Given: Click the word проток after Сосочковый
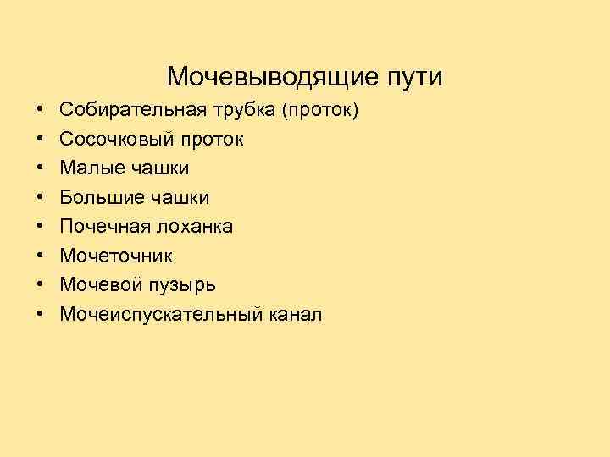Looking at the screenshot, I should [x=212, y=140].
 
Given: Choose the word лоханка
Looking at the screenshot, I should [x=194, y=227].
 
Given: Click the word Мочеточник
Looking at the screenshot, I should [x=116, y=256].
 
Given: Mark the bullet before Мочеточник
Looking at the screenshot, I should [x=40, y=256].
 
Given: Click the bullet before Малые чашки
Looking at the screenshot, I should [x=40, y=168].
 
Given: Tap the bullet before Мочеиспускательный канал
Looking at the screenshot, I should [x=40, y=315].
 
